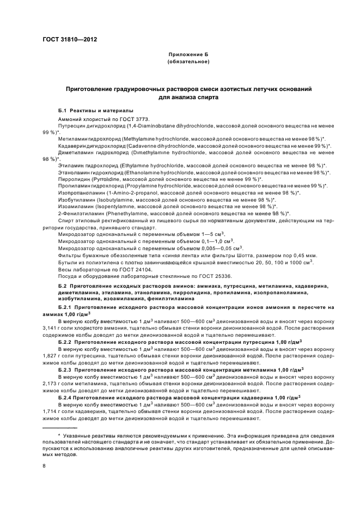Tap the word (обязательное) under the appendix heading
point(188,62)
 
